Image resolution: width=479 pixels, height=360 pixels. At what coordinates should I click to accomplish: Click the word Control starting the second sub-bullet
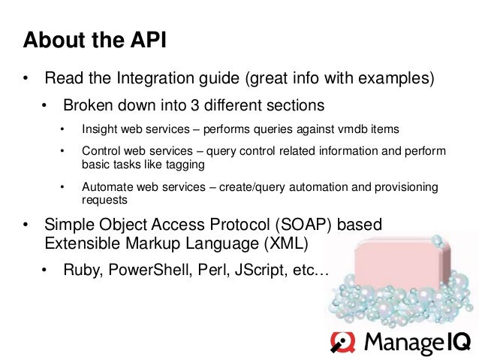click(x=101, y=151)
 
